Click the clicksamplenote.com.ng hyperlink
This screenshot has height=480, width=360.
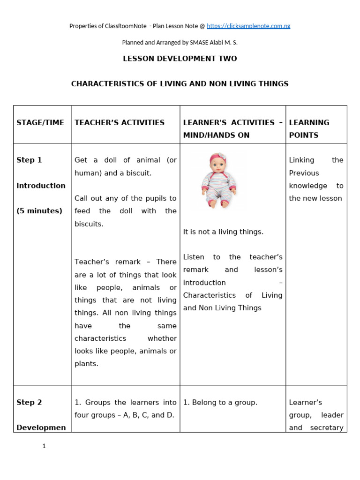pyautogui.click(x=248, y=26)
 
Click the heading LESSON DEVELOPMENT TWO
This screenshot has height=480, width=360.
pyautogui.click(x=180, y=59)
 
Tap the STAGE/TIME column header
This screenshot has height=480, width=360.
pyautogui.click(x=40, y=123)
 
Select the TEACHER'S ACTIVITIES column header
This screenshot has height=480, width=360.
pyautogui.click(x=120, y=123)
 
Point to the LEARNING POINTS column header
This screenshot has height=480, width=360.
pyautogui.click(x=309, y=129)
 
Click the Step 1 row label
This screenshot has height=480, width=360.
pyautogui.click(x=29, y=160)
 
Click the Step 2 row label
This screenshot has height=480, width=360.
pyautogui.click(x=29, y=403)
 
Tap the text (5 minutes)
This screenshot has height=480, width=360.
pyautogui.click(x=39, y=211)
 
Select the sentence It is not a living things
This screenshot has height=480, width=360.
pyautogui.click(x=223, y=232)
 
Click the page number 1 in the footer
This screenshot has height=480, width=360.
pyautogui.click(x=44, y=446)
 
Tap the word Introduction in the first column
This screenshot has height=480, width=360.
pyautogui.click(x=41, y=186)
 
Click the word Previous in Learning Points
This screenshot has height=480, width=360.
pyautogui.click(x=304, y=173)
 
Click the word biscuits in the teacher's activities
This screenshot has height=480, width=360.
pyautogui.click(x=89, y=224)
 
